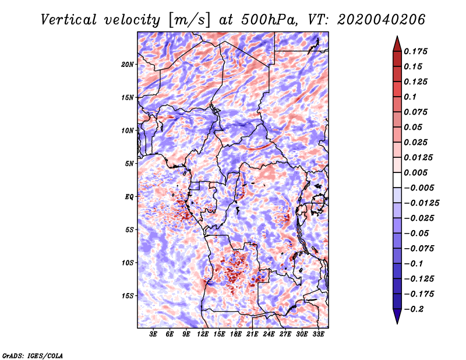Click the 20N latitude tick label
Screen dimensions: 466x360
[128, 65]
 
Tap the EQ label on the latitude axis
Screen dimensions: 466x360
[129, 197]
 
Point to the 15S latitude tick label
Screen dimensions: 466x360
[128, 296]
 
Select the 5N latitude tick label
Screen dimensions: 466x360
[129, 164]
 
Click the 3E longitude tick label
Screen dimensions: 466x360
[153, 334]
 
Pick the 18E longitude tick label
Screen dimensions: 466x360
[236, 334]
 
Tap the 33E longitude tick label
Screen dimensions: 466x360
[318, 334]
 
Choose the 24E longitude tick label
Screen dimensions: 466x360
[269, 334]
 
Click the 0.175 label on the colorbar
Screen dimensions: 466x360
[415, 51]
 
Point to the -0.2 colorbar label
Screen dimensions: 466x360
[414, 309]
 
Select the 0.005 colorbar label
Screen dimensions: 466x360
[415, 172]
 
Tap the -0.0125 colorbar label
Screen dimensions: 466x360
[421, 203]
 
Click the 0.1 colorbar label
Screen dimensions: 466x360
[410, 97]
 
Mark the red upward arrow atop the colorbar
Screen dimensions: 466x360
[397, 44]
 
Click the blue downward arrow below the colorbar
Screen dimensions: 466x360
[397, 316]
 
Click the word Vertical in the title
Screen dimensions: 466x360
[69, 20]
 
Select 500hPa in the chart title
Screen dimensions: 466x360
[269, 20]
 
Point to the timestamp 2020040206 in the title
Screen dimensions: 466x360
[382, 20]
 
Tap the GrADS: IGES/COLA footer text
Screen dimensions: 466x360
[33, 356]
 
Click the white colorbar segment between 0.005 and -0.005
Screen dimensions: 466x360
[397, 180]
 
